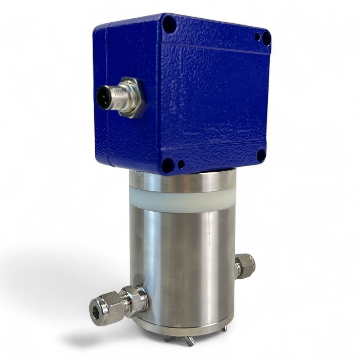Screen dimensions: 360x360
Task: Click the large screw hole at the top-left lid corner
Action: (169, 24)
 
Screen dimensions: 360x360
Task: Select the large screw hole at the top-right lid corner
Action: (266, 38)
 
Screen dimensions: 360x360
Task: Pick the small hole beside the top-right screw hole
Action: (257, 36)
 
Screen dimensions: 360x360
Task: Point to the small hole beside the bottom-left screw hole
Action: (181, 165)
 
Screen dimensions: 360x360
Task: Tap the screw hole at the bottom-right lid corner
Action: (261, 155)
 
